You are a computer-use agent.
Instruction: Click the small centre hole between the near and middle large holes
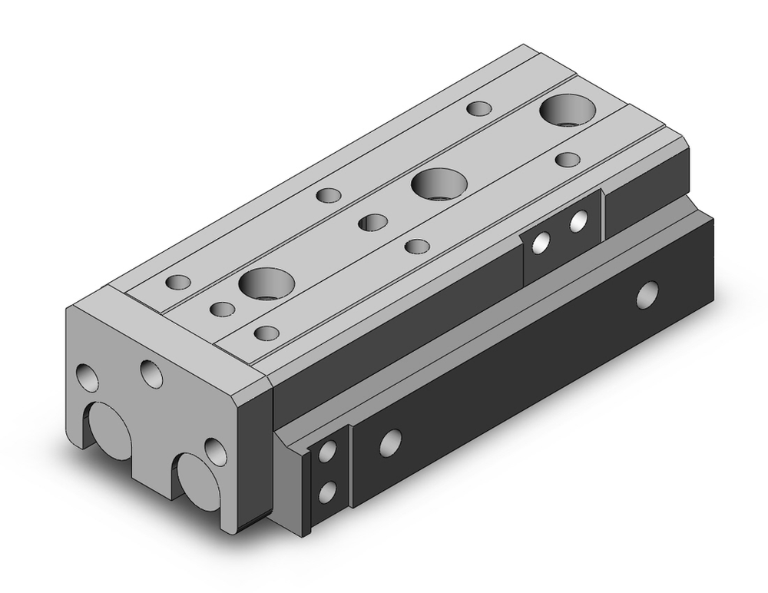373,222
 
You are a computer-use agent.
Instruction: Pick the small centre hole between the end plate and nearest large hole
222,309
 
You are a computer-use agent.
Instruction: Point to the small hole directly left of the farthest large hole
480,108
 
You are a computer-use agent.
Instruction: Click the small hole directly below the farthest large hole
568,159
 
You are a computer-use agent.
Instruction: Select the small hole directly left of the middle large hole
329,194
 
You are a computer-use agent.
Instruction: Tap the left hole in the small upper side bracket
544,242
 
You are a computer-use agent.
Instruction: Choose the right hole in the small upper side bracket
579,223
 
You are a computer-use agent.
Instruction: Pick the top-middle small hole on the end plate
152,373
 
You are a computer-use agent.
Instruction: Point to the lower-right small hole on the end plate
214,451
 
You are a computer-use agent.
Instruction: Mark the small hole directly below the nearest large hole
266,333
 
